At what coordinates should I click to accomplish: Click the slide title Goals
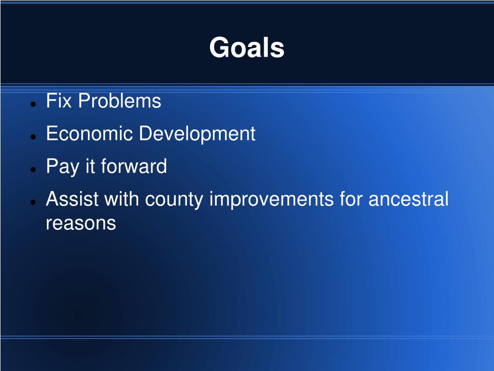[x=247, y=47]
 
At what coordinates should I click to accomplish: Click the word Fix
[x=58, y=101]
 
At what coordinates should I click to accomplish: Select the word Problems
[x=120, y=101]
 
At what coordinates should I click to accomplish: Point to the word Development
[x=197, y=134]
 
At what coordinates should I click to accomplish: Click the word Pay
[x=62, y=166]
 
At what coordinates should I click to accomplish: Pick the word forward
[x=134, y=166]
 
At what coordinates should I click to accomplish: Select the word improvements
[x=271, y=200]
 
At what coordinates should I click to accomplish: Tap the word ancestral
[x=409, y=199]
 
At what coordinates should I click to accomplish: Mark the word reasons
[x=81, y=223]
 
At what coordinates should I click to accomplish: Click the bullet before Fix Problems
[x=33, y=104]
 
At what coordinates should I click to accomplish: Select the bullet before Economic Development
[x=33, y=136]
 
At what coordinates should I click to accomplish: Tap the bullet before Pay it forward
[x=33, y=169]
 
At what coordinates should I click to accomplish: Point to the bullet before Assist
[x=33, y=202]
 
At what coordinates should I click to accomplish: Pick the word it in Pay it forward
[x=90, y=166]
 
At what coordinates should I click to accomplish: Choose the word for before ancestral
[x=351, y=199]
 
